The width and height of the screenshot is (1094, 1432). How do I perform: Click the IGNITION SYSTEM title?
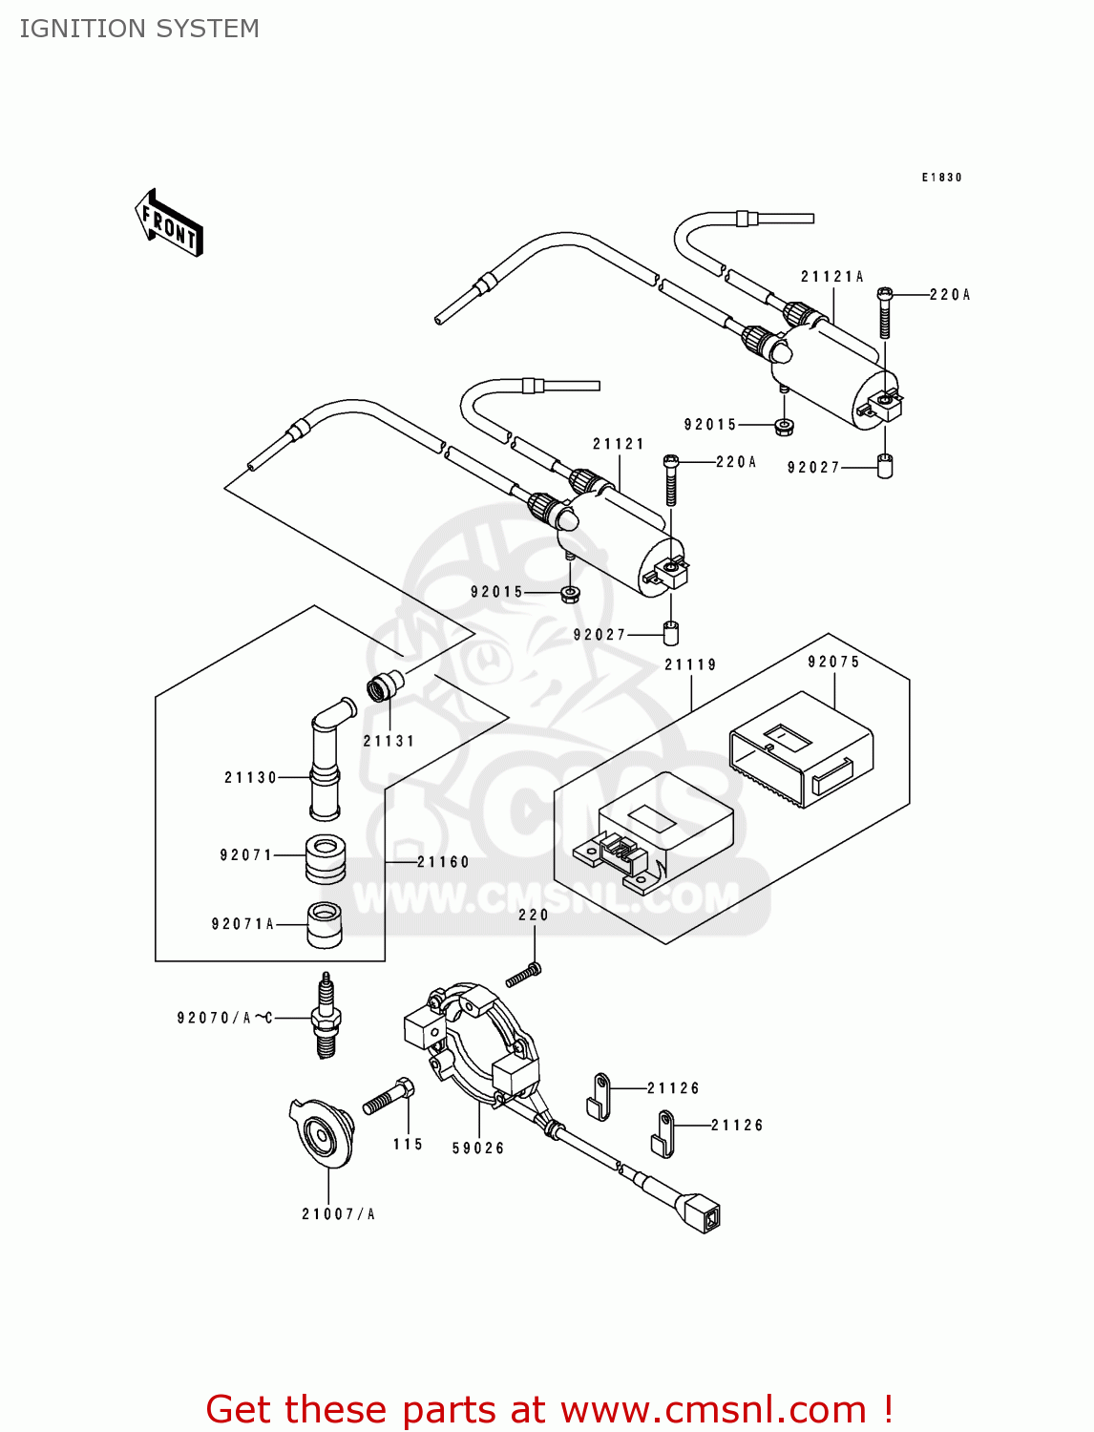tap(139, 29)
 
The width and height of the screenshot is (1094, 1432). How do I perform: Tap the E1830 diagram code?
tap(941, 178)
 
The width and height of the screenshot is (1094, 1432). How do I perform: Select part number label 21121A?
tap(831, 277)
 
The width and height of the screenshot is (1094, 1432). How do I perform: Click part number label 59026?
tap(478, 1148)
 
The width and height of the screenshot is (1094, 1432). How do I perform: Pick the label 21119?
tap(690, 664)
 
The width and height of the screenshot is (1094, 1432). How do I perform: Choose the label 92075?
tap(833, 662)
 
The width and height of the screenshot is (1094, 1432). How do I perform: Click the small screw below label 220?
tap(523, 975)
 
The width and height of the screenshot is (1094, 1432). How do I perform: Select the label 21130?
tap(250, 778)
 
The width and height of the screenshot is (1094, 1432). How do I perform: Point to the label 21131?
tap(389, 741)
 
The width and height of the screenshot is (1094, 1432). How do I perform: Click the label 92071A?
tap(242, 924)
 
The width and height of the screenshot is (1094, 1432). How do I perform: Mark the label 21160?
tap(443, 862)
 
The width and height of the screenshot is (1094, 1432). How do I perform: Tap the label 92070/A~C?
tap(224, 1018)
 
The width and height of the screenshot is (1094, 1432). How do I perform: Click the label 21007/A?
tap(338, 1214)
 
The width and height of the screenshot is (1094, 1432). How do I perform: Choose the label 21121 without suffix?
tap(618, 444)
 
